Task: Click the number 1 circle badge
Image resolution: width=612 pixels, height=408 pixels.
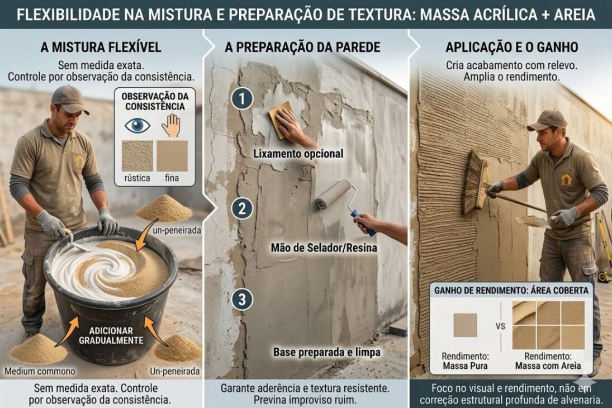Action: click(x=242, y=99)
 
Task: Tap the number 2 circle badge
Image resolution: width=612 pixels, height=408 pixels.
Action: click(x=242, y=209)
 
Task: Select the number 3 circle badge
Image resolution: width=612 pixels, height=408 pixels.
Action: click(x=242, y=300)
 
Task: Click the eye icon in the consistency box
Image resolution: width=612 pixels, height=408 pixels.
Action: click(x=137, y=125)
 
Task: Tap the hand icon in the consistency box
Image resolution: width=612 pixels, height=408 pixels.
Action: click(x=171, y=125)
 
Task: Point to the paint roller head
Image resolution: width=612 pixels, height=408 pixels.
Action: click(x=334, y=194)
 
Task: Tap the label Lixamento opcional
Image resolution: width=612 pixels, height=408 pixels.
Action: click(x=298, y=153)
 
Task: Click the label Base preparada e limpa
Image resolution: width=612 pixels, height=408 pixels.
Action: click(x=327, y=352)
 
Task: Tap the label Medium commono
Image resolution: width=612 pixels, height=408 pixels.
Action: click(x=40, y=371)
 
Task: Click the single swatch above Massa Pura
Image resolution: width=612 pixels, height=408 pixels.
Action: click(x=465, y=325)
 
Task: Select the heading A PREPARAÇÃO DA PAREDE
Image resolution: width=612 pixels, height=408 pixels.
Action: click(x=302, y=48)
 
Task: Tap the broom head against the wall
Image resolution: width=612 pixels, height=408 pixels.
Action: click(x=476, y=182)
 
